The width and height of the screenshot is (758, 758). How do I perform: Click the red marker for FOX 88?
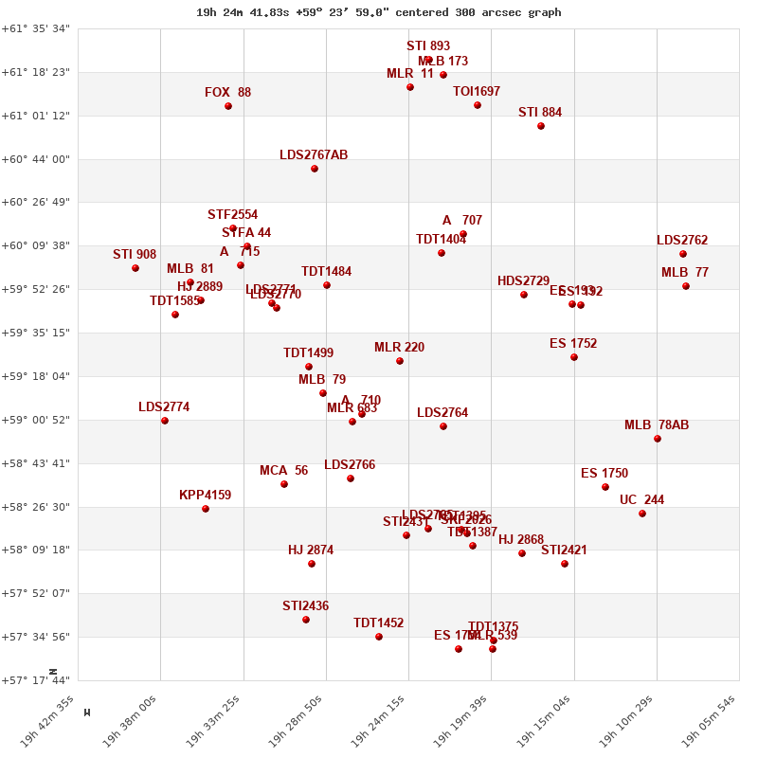(x=228, y=106)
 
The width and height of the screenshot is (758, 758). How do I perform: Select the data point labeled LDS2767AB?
(x=315, y=169)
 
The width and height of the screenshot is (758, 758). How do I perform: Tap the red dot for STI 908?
(x=135, y=268)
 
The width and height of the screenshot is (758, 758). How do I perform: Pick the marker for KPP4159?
(x=206, y=509)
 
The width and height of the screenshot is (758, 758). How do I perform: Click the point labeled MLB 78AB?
(x=658, y=439)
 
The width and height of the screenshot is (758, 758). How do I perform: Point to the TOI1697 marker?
(x=478, y=105)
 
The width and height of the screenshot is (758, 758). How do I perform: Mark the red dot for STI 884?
(x=541, y=126)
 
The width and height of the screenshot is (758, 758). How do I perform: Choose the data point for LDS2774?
(x=165, y=421)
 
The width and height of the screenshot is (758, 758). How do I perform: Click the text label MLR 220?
(x=399, y=348)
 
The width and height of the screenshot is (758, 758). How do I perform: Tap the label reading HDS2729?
(x=523, y=281)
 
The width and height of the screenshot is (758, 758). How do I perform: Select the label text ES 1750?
(x=605, y=474)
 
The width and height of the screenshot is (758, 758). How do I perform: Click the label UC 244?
(x=641, y=500)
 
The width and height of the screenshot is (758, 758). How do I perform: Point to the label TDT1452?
(x=378, y=623)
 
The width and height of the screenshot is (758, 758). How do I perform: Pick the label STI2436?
(x=305, y=606)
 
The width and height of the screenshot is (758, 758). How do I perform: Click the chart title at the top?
(x=379, y=12)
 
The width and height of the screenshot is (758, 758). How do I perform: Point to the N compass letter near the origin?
(x=53, y=671)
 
